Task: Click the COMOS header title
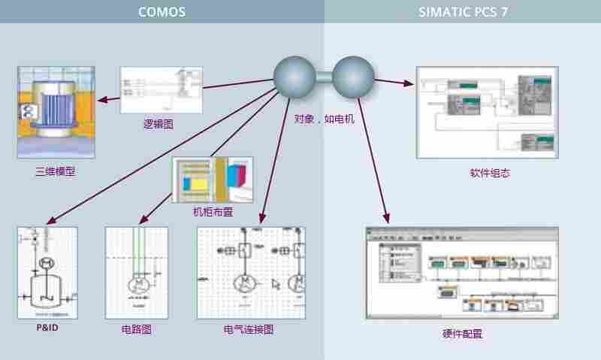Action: (162, 12)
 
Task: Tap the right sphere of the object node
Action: (353, 76)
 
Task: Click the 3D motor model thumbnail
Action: (55, 112)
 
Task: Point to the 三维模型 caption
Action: (55, 171)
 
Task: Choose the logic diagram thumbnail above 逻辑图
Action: (162, 90)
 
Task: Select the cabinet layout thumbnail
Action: (213, 179)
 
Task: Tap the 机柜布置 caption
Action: (213, 212)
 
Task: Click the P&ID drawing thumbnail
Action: (47, 273)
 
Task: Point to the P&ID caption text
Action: (47, 328)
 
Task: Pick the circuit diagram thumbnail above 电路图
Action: (136, 273)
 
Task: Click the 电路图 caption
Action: (136, 329)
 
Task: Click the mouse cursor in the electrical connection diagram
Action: (276, 284)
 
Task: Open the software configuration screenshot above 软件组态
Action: (487, 113)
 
